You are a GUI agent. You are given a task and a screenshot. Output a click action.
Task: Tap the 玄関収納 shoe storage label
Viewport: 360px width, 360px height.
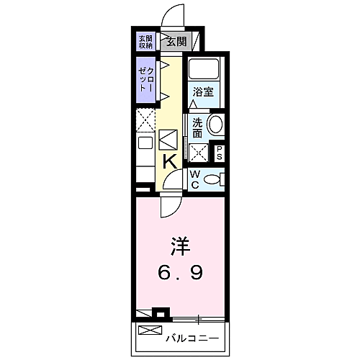coord(145,41)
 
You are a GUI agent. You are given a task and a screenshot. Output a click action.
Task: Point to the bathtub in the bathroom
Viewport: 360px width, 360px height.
coord(202,71)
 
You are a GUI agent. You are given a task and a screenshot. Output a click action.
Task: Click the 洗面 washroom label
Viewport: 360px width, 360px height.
coord(197,127)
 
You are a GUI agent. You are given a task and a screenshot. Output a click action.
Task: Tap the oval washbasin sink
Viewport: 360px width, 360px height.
coord(215,125)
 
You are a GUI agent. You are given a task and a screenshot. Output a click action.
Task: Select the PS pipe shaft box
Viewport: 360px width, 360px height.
coord(220,153)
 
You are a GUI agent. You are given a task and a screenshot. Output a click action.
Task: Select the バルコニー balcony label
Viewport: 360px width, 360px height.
coord(192,337)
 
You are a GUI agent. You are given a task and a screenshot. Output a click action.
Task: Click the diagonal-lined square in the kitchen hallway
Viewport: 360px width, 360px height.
coord(168,138)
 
